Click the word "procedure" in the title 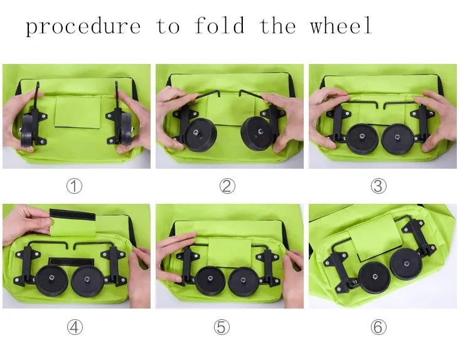pyautogui.click(x=83, y=26)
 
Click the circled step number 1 pyautogui.click(x=75, y=186)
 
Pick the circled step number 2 pyautogui.click(x=227, y=186)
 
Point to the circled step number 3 pyautogui.click(x=378, y=186)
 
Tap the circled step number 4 pyautogui.click(x=75, y=327)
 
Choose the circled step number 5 pyautogui.click(x=227, y=327)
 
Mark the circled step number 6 pyautogui.click(x=378, y=327)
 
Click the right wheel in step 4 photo pyautogui.click(x=87, y=282)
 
